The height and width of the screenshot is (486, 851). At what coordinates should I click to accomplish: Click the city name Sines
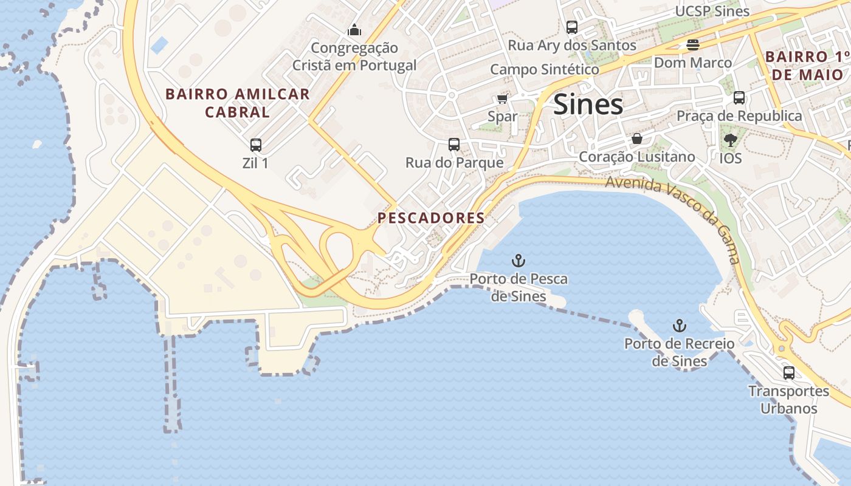[x=588, y=104]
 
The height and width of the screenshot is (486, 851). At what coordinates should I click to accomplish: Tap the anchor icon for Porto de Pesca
[x=518, y=261]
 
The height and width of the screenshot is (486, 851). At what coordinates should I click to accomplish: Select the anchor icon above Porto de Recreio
[x=679, y=326]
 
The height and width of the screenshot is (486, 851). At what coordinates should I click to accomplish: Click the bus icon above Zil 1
[x=256, y=145]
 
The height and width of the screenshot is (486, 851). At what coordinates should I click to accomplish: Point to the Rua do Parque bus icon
[x=454, y=145]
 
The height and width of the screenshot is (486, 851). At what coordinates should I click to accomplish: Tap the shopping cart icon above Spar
[x=502, y=99]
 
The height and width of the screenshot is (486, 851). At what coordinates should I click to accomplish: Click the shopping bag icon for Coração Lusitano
[x=636, y=139]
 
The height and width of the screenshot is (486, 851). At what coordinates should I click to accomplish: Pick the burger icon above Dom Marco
[x=692, y=44]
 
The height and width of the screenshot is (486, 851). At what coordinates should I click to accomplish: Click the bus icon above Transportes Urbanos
[x=788, y=373]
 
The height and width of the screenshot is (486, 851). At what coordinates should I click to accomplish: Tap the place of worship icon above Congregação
[x=354, y=30]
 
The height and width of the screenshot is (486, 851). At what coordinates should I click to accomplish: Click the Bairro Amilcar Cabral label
[x=238, y=103]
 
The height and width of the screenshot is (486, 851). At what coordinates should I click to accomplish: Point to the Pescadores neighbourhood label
[x=431, y=218]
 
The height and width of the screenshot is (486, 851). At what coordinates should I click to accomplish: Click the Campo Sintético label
[x=545, y=69]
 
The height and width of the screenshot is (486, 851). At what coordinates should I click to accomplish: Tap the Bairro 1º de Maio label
[x=807, y=66]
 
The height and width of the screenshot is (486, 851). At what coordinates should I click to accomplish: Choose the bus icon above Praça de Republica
[x=739, y=98]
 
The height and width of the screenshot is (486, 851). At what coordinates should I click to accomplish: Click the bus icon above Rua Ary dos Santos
[x=571, y=27]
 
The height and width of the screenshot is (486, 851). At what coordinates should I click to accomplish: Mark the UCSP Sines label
[x=712, y=11]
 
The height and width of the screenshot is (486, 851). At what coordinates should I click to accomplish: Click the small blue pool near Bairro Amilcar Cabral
[x=159, y=45]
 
